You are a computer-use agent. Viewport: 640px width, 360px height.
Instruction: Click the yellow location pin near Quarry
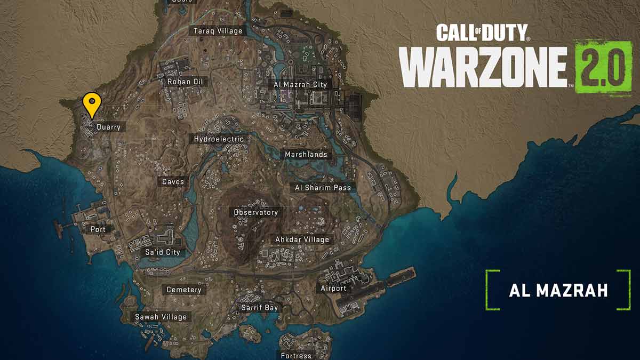click(x=92, y=103)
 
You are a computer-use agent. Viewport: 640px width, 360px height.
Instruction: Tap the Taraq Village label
click(x=218, y=31)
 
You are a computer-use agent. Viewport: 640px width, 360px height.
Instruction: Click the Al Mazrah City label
click(x=300, y=84)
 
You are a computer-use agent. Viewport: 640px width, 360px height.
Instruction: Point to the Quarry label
click(x=108, y=127)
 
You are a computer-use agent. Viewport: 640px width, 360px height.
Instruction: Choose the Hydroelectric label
click(x=219, y=139)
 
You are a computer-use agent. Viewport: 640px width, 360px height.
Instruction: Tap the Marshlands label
click(x=306, y=154)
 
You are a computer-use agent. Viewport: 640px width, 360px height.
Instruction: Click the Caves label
click(x=173, y=182)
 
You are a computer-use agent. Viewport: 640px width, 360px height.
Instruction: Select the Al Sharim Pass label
click(x=323, y=188)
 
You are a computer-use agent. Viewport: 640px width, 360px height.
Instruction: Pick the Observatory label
click(x=256, y=212)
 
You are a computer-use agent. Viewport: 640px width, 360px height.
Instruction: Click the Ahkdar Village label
click(x=302, y=239)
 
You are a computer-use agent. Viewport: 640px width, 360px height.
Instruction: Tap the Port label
click(x=98, y=229)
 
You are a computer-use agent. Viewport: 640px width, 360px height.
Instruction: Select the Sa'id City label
click(x=162, y=252)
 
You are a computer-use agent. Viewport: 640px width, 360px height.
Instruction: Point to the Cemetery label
click(x=184, y=290)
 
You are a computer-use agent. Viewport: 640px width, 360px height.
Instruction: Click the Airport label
click(x=333, y=288)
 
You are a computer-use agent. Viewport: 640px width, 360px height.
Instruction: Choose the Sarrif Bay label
click(x=259, y=308)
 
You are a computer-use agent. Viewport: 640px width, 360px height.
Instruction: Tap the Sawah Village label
click(x=161, y=317)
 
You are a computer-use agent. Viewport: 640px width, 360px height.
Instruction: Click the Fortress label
click(x=296, y=355)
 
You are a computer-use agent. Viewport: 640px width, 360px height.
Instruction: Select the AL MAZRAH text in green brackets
click(x=558, y=291)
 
